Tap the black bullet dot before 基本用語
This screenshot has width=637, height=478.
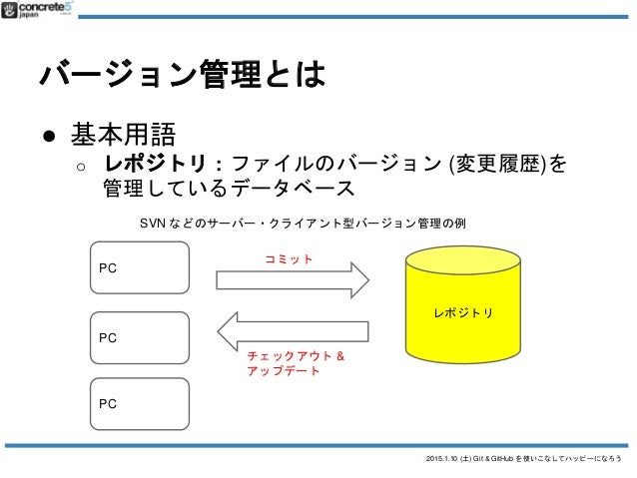tap(48, 133)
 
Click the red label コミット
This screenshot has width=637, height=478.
tap(289, 258)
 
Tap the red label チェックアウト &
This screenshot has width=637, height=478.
tap(296, 354)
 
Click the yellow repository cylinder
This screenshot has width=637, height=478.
tap(463, 311)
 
